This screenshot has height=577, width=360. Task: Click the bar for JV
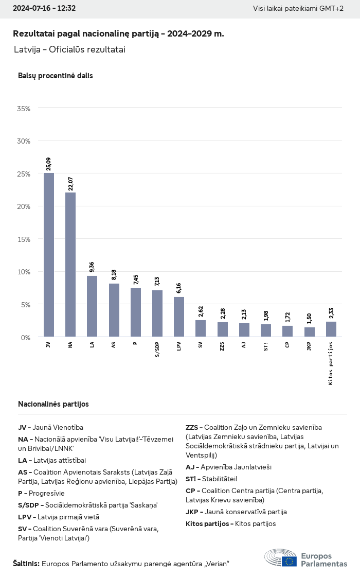49,255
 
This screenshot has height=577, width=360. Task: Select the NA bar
70,265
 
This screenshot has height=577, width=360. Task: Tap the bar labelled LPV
179,317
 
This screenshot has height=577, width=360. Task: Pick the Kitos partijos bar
331,329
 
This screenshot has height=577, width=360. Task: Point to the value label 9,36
92,267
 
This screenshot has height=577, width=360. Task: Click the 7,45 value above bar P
135,279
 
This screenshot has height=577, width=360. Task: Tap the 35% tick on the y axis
24,109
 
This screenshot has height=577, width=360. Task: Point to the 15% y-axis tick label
24,239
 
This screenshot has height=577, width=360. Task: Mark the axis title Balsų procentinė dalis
56,76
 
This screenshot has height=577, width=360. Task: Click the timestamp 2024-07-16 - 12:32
44,9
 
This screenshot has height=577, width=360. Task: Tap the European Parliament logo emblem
281,558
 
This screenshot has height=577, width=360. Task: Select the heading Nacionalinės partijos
53,404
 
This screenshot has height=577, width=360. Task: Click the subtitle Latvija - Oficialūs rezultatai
70,49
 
